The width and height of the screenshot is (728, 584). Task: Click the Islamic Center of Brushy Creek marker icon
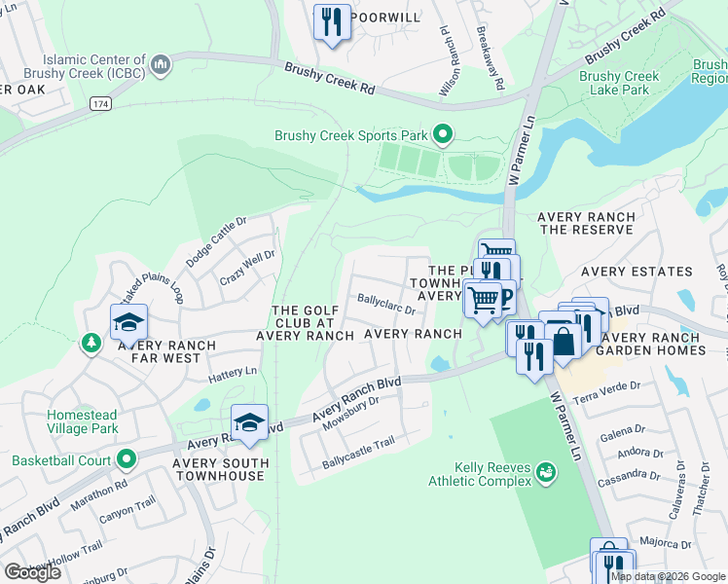click(162, 65)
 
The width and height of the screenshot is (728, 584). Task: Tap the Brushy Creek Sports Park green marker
click(443, 135)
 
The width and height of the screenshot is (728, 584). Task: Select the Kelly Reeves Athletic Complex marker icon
click(545, 473)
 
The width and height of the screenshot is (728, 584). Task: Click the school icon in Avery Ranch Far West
click(128, 320)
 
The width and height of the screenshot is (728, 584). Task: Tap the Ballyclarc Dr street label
click(386, 305)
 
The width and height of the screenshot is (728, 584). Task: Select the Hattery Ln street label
click(232, 371)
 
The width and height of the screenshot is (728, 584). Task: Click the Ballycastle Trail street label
click(358, 469)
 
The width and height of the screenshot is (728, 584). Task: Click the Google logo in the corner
click(32, 571)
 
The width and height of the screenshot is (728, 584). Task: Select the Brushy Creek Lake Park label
click(619, 83)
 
